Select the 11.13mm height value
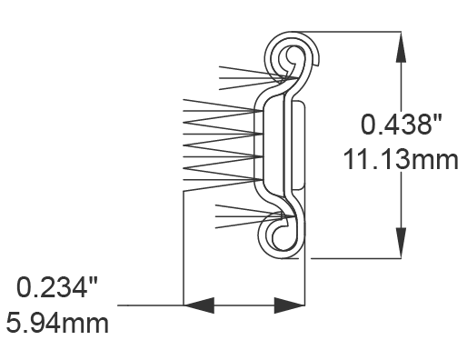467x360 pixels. (402, 160)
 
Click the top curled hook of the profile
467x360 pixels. (296, 56)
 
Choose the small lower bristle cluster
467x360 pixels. (246, 216)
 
